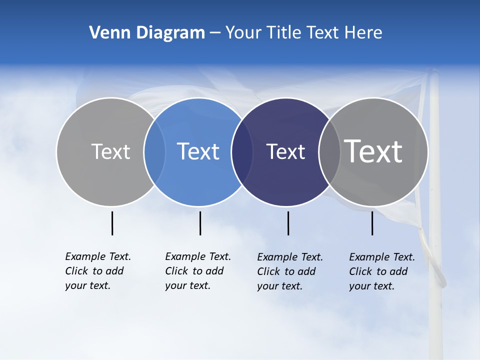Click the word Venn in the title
coord(105,33)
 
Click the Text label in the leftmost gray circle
coord(110,151)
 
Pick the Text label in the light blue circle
coord(198,151)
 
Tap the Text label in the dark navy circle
coord(285,151)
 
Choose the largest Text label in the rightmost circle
coord(373,151)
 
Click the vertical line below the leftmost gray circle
coord(112,223)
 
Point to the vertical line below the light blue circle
coord(200,223)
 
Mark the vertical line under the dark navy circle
coord(288,223)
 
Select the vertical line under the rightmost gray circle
coord(372,223)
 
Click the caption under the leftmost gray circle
coord(97,271)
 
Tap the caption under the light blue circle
coord(197,271)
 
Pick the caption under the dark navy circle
coord(289,271)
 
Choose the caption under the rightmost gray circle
coord(381,271)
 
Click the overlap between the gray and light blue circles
coord(154,152)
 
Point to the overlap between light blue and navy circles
coord(242,152)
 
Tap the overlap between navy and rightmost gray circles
coord(329,152)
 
